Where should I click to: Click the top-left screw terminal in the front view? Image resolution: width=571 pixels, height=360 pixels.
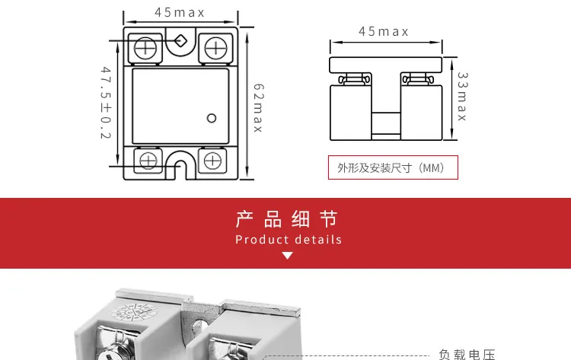[x=145, y=48]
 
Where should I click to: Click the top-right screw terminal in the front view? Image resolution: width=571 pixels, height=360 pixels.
[x=215, y=48]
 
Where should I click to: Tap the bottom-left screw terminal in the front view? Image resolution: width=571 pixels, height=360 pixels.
[x=148, y=160]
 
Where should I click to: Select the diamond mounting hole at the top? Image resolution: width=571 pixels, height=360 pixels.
[x=180, y=41]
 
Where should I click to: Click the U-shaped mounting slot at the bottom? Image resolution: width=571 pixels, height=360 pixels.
[x=181, y=164]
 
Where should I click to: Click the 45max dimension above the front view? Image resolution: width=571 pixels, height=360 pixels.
[x=180, y=12]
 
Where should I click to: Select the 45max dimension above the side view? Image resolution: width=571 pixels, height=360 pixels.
[x=384, y=31]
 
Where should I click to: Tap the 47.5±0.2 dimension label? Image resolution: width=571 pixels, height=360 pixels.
[x=106, y=104]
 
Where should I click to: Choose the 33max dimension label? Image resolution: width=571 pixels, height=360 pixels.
[x=461, y=97]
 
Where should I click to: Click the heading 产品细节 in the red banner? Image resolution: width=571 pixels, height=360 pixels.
[x=286, y=220]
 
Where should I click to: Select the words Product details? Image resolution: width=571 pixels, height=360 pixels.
[x=289, y=240]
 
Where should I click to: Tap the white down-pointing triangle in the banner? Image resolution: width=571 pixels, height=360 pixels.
[x=287, y=256]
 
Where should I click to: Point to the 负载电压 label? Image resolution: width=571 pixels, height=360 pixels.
[x=467, y=354]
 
